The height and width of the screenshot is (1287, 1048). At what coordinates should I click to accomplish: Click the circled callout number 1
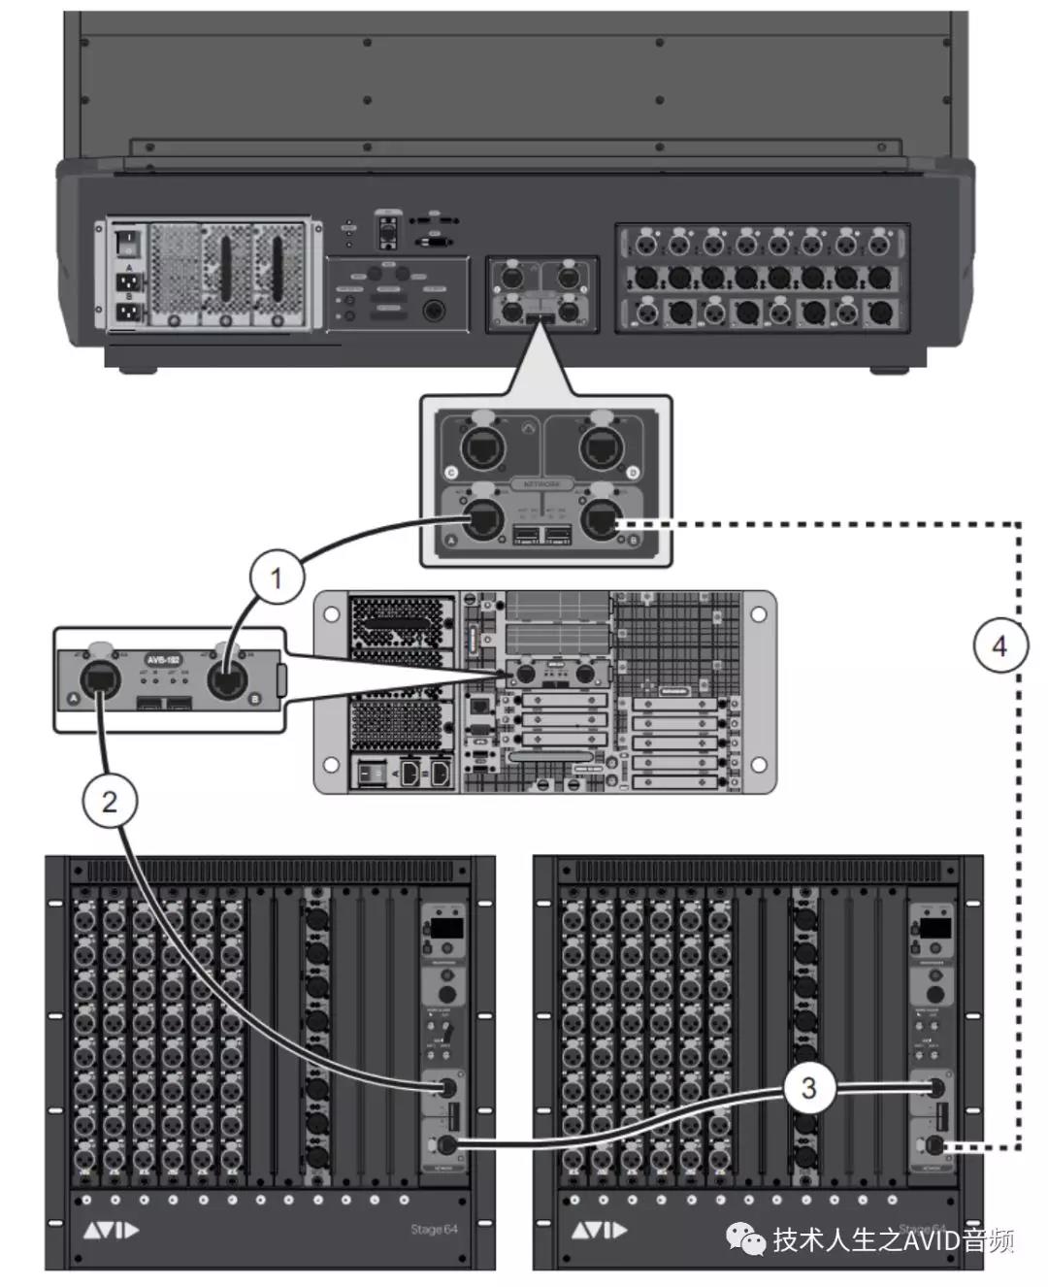click(276, 578)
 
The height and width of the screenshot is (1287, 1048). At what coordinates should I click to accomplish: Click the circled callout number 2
click(109, 802)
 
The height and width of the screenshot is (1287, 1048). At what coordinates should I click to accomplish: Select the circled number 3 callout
click(808, 1088)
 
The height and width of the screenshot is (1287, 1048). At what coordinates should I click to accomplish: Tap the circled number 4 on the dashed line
click(999, 645)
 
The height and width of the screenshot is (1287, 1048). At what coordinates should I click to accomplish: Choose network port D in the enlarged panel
click(599, 447)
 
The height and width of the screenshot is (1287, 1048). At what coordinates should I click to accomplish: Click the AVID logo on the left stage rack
click(110, 1231)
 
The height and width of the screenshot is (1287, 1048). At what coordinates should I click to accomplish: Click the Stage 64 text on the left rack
click(434, 1229)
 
